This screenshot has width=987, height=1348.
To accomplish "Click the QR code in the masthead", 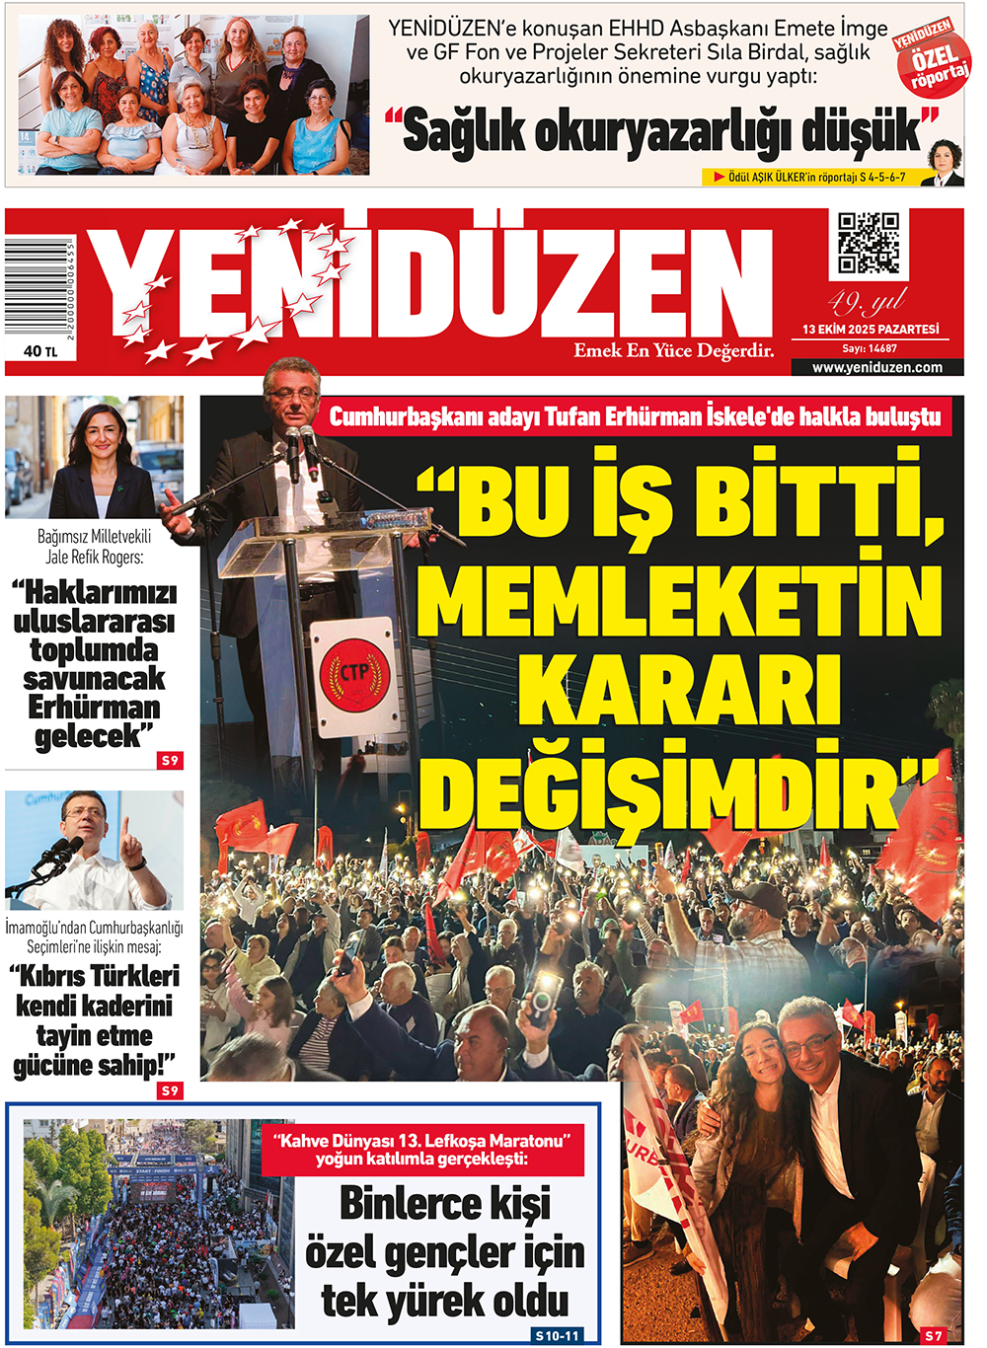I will [868, 243].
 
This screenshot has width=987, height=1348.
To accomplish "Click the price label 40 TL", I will [40, 350].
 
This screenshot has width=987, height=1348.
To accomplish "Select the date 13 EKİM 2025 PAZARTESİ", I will [870, 330].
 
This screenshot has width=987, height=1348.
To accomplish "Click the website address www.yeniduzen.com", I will [876, 367].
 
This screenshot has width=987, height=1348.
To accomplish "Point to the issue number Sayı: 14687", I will [870, 348].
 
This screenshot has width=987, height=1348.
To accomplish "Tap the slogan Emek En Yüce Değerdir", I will [673, 350].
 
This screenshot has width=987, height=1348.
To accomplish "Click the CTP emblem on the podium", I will [353, 673].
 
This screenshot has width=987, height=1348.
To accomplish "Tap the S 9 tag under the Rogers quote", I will [170, 760].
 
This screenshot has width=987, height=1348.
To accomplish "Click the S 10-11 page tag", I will [557, 1335].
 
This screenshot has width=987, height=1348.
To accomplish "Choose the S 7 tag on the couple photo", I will [933, 1335].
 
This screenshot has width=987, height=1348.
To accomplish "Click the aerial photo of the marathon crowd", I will [158, 1224].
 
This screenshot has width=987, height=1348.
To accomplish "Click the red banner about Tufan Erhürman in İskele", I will [635, 416].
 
